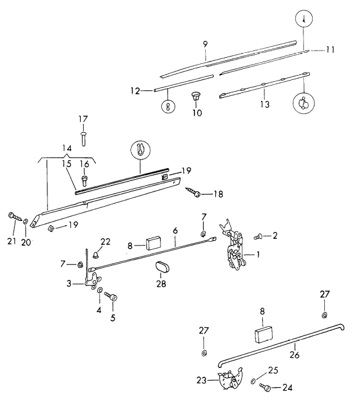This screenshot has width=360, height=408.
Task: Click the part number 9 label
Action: point(206,44)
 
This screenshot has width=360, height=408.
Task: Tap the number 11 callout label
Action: point(330,49)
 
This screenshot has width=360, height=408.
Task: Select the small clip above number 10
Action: point(196,96)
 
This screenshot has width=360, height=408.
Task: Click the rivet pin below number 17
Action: point(83,139)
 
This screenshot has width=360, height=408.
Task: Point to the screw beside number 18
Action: point(193,191)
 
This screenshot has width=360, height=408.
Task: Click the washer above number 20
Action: point(25,221)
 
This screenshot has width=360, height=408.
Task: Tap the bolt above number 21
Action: point(15,216)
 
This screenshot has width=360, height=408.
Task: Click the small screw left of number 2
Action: point(258,237)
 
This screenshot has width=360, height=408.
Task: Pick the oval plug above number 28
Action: point(162,267)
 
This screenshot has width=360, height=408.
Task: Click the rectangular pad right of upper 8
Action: point(153,242)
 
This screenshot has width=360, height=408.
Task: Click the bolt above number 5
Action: point(111,296)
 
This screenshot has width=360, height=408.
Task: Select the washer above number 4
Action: point(100,290)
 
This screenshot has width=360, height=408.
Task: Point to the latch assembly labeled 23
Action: point(230,378)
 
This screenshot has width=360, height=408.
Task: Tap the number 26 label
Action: point(294,354)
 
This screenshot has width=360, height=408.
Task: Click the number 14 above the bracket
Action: point(67,148)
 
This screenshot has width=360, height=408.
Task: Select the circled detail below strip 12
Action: point(168,106)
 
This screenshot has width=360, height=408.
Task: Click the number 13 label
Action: point(265,104)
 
